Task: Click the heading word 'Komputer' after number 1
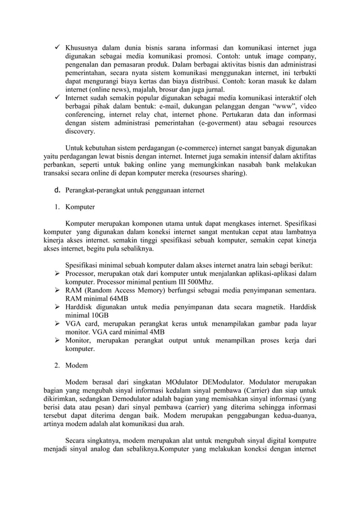tap(80, 207)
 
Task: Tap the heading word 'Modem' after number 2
tap(76, 365)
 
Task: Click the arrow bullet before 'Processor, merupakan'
tap(58, 274)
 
